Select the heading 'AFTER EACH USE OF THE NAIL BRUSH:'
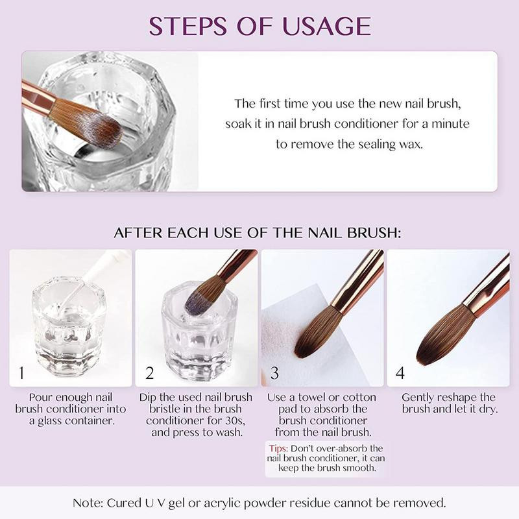click(258, 232)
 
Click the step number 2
click(150, 374)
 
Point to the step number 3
click(275, 374)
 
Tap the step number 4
click(400, 374)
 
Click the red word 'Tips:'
click(279, 448)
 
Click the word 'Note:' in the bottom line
click(90, 503)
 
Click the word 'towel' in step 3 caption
click(314, 397)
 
